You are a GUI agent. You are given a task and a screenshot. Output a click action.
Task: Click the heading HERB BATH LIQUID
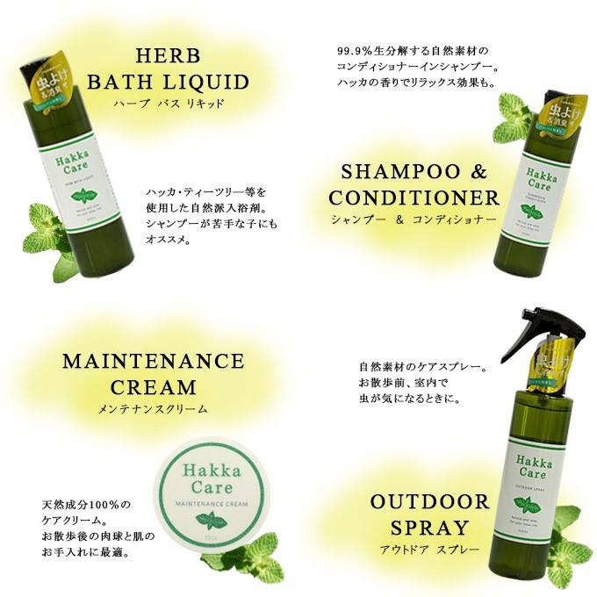(168, 69)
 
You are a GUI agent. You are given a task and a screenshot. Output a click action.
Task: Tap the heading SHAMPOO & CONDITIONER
(414, 184)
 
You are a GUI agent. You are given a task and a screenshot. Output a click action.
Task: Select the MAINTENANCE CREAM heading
(153, 374)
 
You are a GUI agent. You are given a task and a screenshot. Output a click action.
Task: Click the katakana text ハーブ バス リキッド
(169, 104)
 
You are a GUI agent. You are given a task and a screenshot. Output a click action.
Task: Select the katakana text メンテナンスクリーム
(154, 408)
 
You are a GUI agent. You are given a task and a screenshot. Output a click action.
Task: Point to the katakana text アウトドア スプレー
(429, 550)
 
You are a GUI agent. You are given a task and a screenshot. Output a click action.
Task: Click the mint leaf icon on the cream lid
(210, 520)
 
